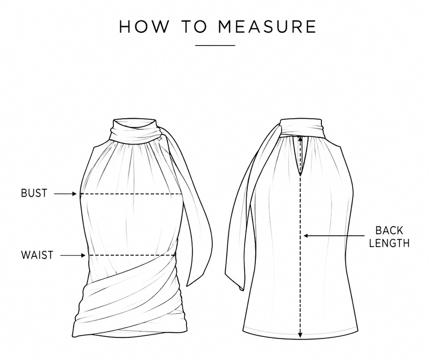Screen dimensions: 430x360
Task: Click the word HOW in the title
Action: pos(144,26)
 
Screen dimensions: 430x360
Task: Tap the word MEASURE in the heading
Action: pos(267,26)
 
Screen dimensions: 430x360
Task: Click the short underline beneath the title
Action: pos(216,45)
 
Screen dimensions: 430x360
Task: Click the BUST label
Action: pos(34,193)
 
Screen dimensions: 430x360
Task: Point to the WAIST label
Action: pos(37,255)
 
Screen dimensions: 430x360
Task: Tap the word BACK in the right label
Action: pos(389,231)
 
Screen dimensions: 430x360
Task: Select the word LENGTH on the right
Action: pos(389,243)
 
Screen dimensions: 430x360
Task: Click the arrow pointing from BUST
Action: pos(65,194)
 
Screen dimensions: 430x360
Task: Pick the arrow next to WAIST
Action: pos(73,256)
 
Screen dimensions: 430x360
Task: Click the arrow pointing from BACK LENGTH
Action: pos(334,235)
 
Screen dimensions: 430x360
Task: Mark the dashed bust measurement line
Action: pos(132,194)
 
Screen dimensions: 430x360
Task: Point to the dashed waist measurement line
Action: pos(132,256)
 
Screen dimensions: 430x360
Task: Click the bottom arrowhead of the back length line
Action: pos(300,335)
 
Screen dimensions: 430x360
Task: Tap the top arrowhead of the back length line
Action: pos(300,139)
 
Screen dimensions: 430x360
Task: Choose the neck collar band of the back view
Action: pos(302,127)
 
